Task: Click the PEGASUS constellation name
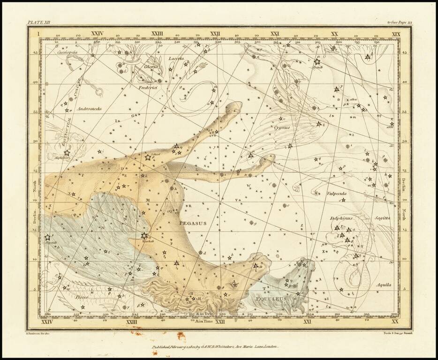193,224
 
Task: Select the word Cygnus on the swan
283,127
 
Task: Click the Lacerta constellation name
176,59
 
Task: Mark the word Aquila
383,285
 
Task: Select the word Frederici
146,88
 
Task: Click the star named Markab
144,236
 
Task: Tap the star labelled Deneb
317,61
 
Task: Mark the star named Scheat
148,157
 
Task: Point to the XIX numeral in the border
396,34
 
